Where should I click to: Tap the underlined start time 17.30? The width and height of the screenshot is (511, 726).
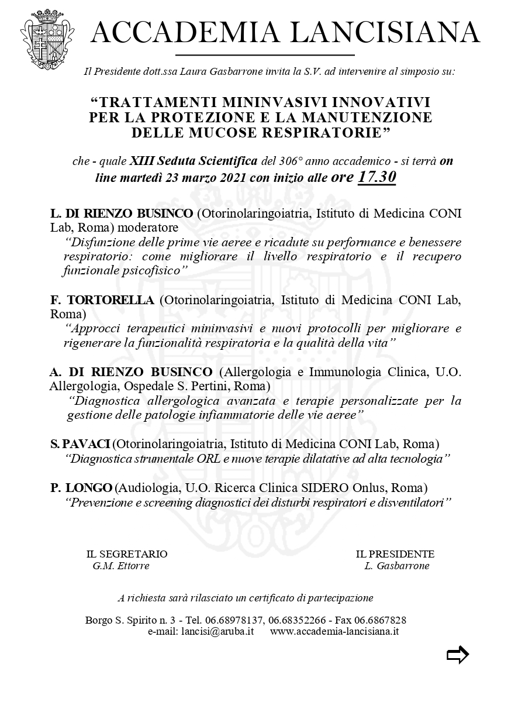(x=377, y=177)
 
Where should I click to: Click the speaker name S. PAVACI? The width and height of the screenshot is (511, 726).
(x=81, y=443)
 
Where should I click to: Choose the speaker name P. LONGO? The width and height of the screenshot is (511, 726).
(x=81, y=487)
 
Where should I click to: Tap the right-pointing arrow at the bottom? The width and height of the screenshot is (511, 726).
(x=457, y=655)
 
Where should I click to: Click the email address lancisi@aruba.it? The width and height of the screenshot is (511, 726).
(x=217, y=632)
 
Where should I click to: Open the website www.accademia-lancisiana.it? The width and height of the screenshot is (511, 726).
(x=334, y=632)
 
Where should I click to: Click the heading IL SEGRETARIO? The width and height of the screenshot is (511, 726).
(x=127, y=554)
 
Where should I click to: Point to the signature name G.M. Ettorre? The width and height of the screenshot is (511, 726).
(x=121, y=566)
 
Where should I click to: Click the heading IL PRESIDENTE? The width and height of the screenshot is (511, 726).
(x=395, y=554)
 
